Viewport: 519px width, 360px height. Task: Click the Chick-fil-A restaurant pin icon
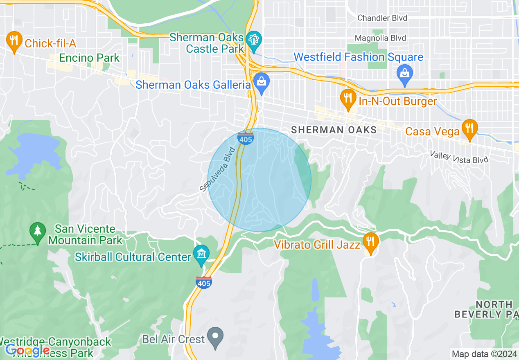point(14,41)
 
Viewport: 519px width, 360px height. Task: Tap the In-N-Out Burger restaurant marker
point(348,99)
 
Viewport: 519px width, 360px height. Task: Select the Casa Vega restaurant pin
point(469,129)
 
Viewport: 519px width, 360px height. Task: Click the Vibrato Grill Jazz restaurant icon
point(370,242)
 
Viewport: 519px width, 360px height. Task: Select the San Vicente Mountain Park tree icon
point(38,232)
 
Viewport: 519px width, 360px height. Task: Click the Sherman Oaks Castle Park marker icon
point(254,40)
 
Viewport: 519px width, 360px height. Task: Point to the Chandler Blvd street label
point(382,18)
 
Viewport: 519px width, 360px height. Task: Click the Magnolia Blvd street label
point(381,38)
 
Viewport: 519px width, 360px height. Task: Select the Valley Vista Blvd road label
point(459,157)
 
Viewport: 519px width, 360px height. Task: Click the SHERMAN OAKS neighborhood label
point(334,130)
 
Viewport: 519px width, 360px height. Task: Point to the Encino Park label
point(89,58)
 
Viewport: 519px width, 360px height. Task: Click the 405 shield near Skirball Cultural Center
point(203,282)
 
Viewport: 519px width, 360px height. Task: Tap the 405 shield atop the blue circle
point(246,138)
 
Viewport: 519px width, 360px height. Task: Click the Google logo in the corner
point(27,350)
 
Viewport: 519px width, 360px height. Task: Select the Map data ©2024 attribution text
point(483,354)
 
